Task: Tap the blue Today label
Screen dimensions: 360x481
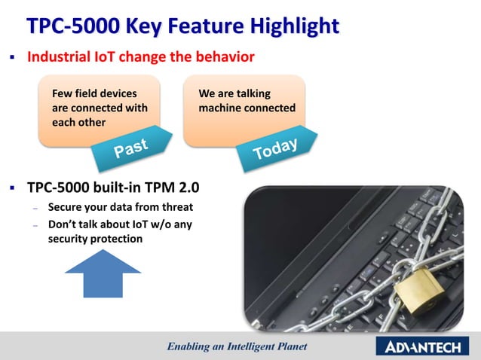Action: pyautogui.click(x=274, y=149)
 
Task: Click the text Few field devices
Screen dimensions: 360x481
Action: pyautogui.click(x=94, y=94)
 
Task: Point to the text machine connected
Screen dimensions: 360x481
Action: pyautogui.click(x=247, y=108)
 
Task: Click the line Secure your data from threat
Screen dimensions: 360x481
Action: pyautogui.click(x=121, y=207)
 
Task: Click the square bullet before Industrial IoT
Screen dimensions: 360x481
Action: pyautogui.click(x=13, y=58)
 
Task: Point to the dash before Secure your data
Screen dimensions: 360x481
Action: pyautogui.click(x=35, y=208)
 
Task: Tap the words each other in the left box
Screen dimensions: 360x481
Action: pyautogui.click(x=78, y=123)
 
